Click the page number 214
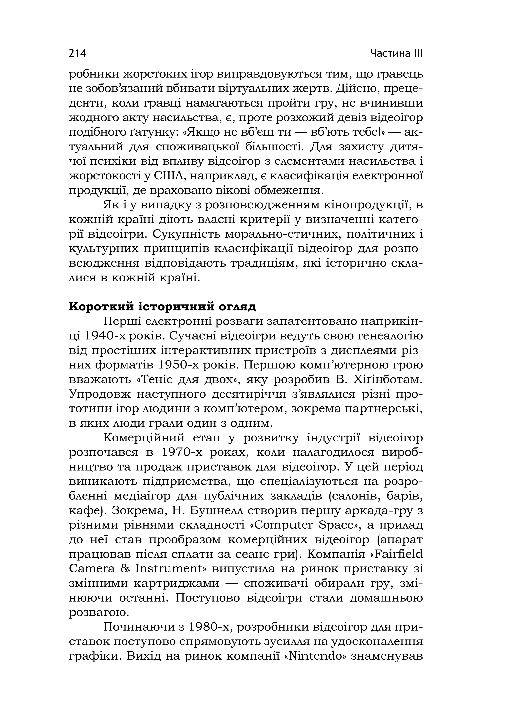tap(77, 53)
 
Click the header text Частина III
tap(396, 53)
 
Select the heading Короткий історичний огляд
tap(162, 306)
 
